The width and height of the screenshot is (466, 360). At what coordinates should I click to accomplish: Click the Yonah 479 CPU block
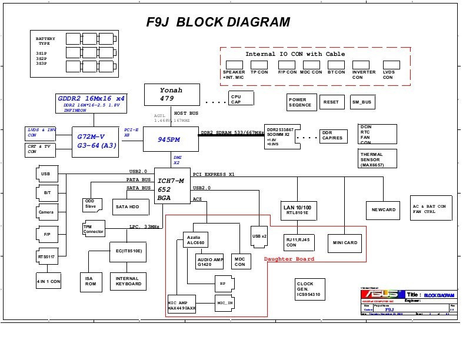click(172, 95)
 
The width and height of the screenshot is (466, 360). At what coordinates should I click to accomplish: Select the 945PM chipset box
click(171, 139)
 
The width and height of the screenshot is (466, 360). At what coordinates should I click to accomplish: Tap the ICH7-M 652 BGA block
click(172, 189)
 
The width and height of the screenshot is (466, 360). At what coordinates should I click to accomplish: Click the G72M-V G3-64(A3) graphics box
click(95, 141)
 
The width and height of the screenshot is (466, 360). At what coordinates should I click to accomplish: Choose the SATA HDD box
click(127, 207)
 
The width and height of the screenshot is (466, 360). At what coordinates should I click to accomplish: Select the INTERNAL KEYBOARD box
click(128, 281)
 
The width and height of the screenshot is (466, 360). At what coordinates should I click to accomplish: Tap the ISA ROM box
click(91, 281)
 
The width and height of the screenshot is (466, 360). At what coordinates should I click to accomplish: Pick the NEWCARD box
click(384, 209)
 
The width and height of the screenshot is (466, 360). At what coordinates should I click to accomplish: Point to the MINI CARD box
click(345, 242)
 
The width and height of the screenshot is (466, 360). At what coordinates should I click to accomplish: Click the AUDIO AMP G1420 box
click(211, 261)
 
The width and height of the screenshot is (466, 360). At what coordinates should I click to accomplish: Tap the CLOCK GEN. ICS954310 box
click(309, 289)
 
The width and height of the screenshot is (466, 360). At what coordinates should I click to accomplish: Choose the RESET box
click(331, 102)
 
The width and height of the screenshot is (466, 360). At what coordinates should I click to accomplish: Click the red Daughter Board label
click(289, 259)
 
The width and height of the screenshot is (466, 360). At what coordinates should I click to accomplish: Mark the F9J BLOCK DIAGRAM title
click(218, 22)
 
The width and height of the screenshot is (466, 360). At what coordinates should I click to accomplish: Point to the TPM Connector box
click(94, 229)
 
